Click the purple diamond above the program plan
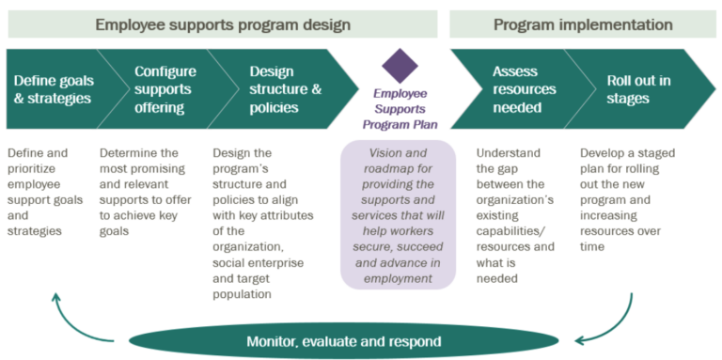click(x=400, y=66)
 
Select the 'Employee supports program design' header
click(x=222, y=24)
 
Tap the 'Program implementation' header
click(x=583, y=24)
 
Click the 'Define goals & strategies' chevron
click(x=51, y=88)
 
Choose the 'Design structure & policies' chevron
click(x=278, y=88)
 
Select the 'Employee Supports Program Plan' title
click(x=400, y=109)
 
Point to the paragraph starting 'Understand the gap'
click(x=515, y=214)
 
